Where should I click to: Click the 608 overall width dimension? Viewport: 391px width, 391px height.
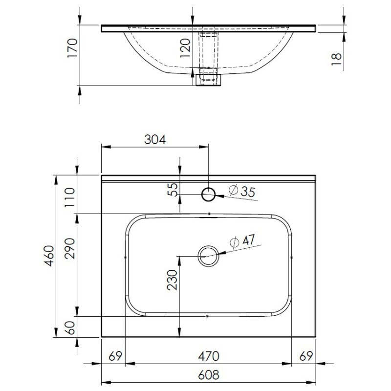pos(209,374)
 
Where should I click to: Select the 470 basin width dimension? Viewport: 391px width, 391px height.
pos(209,356)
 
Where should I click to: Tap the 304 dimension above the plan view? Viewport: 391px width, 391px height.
pos(155,140)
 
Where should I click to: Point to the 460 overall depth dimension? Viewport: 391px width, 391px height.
pos(50,256)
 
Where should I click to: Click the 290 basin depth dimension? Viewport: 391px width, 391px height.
pos(69,248)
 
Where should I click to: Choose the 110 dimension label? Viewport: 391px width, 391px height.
pos(69,197)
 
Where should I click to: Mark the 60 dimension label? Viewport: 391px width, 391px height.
pos(69,327)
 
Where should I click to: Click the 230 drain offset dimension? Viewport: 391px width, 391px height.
pos(172,280)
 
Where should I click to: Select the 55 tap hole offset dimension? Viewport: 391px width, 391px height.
pos(173,190)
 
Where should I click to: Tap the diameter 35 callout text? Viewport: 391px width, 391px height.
pos(242,191)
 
